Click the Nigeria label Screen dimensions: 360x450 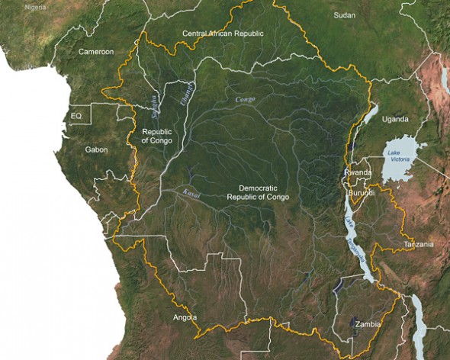pos(35,7)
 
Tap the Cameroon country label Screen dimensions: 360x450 pos(96,52)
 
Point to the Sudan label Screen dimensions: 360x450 pos(345,15)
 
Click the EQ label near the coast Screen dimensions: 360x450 pos(76,116)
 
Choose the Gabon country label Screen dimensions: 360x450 pos(97,149)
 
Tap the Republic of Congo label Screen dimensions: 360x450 pos(156,137)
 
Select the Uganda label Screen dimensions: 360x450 pos(395,120)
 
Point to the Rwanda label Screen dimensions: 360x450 pos(358,173)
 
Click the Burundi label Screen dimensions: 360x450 pos(362,193)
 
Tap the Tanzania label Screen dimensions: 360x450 pos(419,244)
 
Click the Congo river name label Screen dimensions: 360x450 pos(245,99)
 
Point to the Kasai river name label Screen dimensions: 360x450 pos(191,194)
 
